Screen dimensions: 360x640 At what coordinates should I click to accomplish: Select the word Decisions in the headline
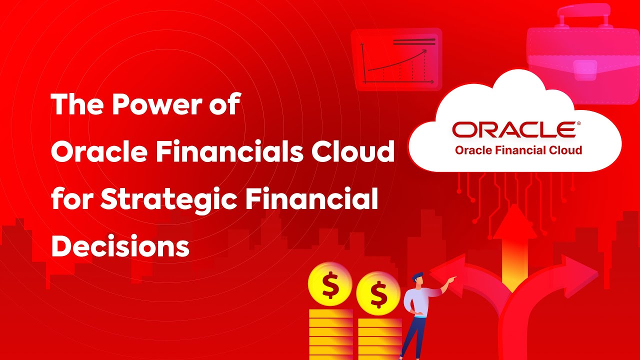pos(120,246)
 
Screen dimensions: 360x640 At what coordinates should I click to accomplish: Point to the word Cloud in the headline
pos(350,152)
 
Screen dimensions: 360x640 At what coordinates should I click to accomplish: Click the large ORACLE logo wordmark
pos(514,130)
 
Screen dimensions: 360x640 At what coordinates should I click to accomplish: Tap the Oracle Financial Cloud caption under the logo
pos(518,150)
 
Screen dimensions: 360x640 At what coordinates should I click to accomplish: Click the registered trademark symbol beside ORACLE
pos(578,123)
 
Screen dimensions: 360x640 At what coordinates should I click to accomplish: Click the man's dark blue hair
pos(417,276)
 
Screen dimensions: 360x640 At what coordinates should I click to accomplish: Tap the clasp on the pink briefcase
pos(585,67)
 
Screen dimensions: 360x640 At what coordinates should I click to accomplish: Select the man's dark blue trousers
pos(413,335)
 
